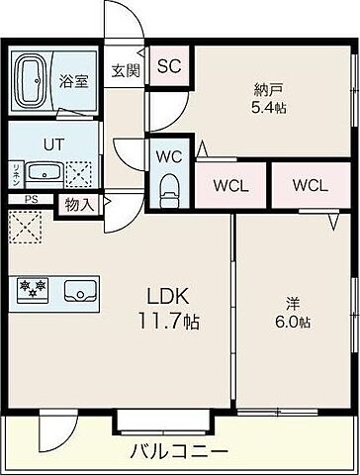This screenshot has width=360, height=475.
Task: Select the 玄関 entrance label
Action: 126,70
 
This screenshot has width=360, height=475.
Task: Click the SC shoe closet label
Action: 168,66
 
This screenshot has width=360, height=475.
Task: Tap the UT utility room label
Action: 53,142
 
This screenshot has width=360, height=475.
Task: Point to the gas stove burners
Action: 31,290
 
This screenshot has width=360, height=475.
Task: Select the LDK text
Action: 167,296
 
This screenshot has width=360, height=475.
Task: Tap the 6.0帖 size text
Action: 292,323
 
